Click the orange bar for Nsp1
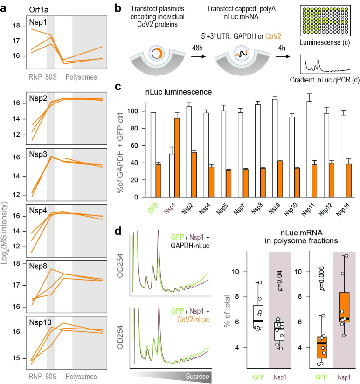(x=177, y=158)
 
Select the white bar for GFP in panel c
(x=153, y=155)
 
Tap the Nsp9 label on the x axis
(x=274, y=209)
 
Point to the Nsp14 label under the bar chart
(x=342, y=210)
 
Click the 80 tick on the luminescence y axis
(x=134, y=128)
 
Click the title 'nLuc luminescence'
(x=179, y=92)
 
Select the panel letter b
(x=118, y=8)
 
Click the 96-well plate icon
(x=325, y=21)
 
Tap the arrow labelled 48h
(x=198, y=56)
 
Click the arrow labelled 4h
(x=283, y=56)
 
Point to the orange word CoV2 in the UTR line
(x=273, y=36)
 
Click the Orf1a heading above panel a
(x=39, y=10)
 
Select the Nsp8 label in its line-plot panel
(x=38, y=266)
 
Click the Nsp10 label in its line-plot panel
(x=40, y=322)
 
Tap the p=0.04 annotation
(x=280, y=281)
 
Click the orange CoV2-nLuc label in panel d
(x=193, y=319)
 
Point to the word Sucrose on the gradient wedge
(x=197, y=377)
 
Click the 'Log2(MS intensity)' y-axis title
(x=4, y=233)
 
